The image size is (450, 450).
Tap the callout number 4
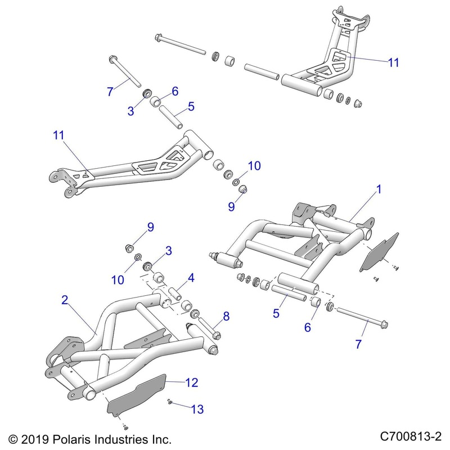[x=191, y=277]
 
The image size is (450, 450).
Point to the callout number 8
[x=226, y=317]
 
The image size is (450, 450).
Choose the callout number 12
[x=191, y=383]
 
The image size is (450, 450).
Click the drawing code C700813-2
[x=412, y=436]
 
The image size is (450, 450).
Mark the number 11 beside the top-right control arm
[x=393, y=62]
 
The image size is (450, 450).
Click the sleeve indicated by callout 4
[x=175, y=294]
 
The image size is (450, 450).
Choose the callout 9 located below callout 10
[x=231, y=206]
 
